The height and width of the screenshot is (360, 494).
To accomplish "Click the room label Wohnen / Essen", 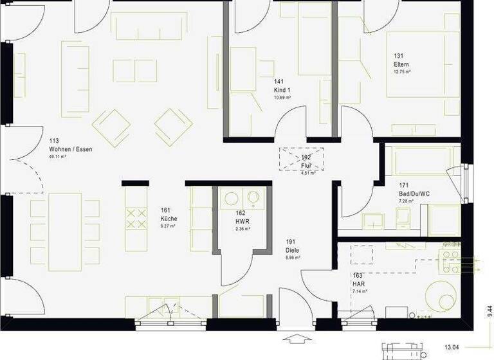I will coord(71,149).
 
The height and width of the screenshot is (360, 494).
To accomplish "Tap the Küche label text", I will coord(169,219).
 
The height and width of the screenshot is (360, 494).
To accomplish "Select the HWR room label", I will coord(242,221).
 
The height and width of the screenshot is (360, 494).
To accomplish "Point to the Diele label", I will coord(293,249).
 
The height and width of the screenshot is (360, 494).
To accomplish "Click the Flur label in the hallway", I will coord(306,165).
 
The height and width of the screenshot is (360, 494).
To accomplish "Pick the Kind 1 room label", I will coord(282,90).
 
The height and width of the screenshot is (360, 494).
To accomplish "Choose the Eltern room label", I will coord(401,65).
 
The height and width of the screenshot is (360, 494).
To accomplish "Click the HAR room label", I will coord(358,283).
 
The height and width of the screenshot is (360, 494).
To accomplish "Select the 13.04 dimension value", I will coord(452,347).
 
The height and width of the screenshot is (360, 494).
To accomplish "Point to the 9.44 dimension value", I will coord(489,312).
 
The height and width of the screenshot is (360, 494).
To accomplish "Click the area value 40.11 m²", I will coord(59,157).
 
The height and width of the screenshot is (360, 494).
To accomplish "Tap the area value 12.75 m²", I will coord(402,72).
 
